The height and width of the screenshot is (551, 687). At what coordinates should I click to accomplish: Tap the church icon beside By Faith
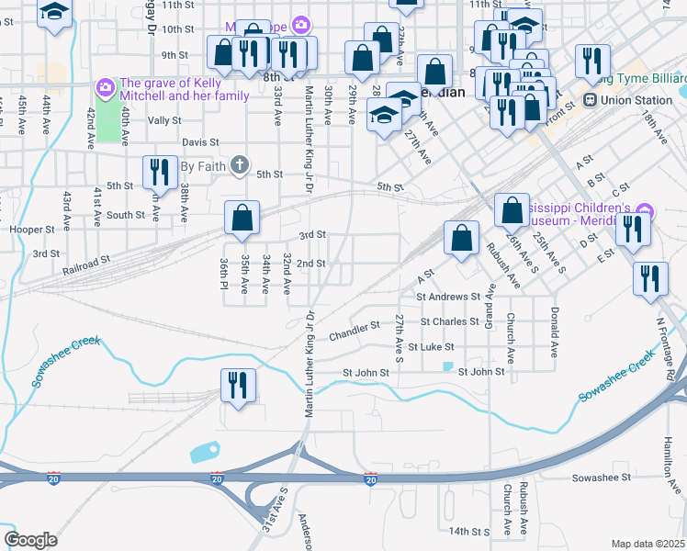(x=239, y=165)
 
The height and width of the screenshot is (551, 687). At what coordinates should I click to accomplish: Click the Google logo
(x=30, y=540)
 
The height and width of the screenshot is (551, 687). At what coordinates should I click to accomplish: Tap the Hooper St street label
(x=32, y=229)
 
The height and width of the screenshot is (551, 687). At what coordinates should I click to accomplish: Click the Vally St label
(x=164, y=120)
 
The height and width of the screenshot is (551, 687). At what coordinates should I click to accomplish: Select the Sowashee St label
(x=600, y=478)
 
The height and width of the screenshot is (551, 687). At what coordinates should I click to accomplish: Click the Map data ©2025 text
(x=648, y=543)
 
